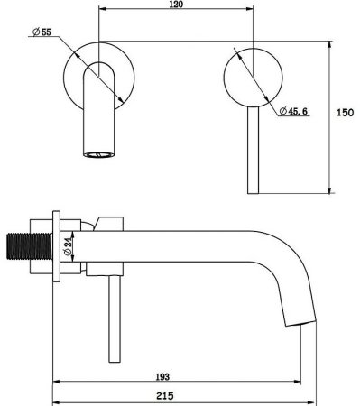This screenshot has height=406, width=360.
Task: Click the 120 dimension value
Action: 176,5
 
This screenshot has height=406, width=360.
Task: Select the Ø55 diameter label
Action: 42,32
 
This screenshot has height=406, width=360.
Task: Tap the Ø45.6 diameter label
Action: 293,111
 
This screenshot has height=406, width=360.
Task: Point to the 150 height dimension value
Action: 345,113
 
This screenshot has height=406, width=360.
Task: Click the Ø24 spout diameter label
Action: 69,246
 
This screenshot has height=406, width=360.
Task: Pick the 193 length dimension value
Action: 162,377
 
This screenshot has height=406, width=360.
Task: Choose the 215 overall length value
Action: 165,396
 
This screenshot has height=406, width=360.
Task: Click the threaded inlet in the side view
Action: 29,245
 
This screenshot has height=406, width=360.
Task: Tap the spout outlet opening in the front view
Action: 99,155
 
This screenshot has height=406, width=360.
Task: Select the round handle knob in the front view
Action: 253,78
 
